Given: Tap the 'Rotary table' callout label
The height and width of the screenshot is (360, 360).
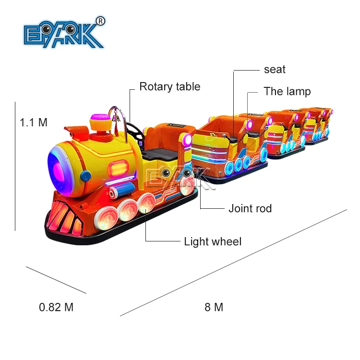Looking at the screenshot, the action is coord(169,87).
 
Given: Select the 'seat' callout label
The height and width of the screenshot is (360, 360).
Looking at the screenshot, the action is coord(275,70).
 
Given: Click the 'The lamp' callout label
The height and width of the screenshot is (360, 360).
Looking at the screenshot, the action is coord(287,91).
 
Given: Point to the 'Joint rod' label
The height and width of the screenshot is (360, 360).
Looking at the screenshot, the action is coord(250,208).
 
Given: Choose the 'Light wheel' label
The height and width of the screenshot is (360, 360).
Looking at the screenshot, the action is coord(213,241).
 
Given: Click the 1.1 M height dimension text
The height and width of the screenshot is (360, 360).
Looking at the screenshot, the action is coord(34,122).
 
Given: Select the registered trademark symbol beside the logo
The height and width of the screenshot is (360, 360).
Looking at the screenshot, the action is coord(100,21).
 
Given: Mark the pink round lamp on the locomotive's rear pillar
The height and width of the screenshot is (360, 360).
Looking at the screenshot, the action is coord(185,139).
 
